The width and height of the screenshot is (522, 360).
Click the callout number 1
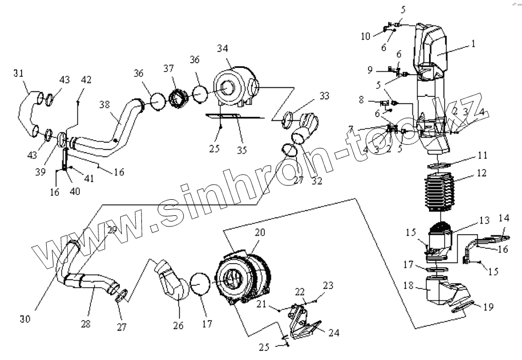[x=473, y=43]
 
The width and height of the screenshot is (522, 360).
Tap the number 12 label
[x=481, y=173]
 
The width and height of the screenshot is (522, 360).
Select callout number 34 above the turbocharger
[x=223, y=48]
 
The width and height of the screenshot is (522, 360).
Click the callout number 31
[x=18, y=73]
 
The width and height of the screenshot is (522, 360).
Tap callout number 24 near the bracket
[x=333, y=333]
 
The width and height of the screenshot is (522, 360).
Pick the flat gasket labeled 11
[x=442, y=164]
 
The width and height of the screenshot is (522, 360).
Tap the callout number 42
[x=86, y=79]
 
